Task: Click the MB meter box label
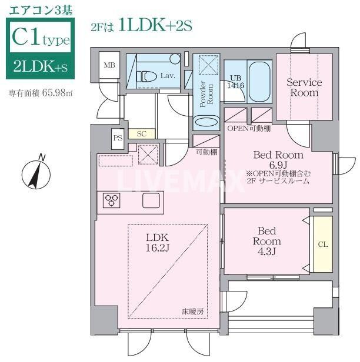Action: click(109, 65)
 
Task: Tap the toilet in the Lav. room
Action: click(148, 76)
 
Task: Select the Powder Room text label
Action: click(208, 93)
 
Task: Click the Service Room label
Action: click(304, 88)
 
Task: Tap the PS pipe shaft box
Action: click(118, 139)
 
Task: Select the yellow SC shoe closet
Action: click(141, 134)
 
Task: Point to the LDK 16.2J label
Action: click(157, 242)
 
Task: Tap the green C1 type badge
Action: click(40, 51)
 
